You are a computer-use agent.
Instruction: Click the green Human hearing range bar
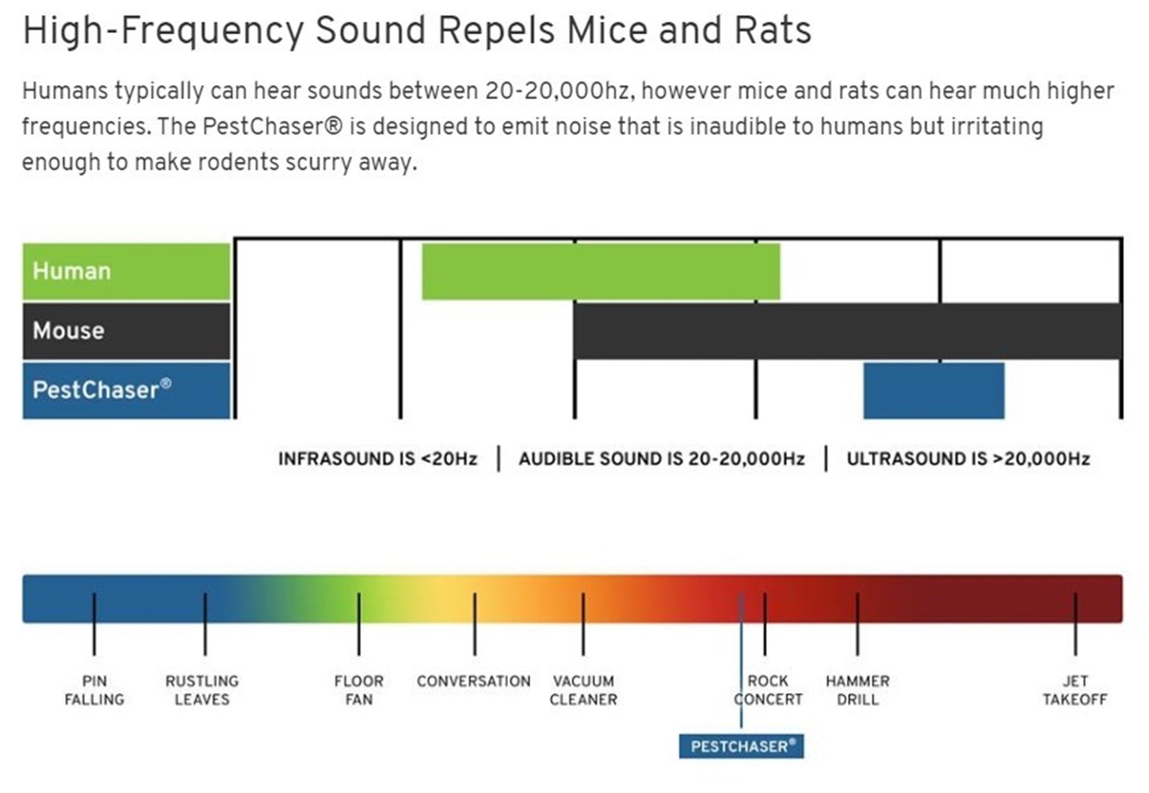click(601, 271)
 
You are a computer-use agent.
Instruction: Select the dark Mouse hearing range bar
click(847, 331)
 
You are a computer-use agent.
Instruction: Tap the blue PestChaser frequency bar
click(934, 390)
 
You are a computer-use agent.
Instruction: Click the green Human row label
click(126, 271)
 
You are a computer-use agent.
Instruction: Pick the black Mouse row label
click(126, 331)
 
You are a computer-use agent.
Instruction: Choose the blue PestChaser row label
click(126, 390)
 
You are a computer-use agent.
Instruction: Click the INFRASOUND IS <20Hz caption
click(377, 459)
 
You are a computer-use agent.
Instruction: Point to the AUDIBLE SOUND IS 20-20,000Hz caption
click(661, 459)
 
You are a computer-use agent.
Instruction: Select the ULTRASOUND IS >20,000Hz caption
click(968, 459)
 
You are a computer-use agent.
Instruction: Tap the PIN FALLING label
click(94, 690)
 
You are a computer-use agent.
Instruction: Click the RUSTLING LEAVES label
click(202, 690)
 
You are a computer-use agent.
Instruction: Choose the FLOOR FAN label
click(359, 690)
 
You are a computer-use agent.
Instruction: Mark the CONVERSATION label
click(474, 682)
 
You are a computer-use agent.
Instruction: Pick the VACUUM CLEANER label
click(583, 690)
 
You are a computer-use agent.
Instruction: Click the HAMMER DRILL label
click(858, 690)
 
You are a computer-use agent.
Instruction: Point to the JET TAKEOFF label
click(1075, 690)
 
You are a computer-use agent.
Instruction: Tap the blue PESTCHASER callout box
click(741, 746)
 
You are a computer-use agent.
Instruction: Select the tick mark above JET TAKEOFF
click(1075, 624)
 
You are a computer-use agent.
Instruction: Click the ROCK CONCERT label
click(768, 690)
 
